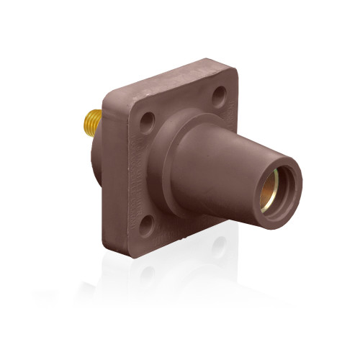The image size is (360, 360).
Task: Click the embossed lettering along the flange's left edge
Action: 128,173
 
